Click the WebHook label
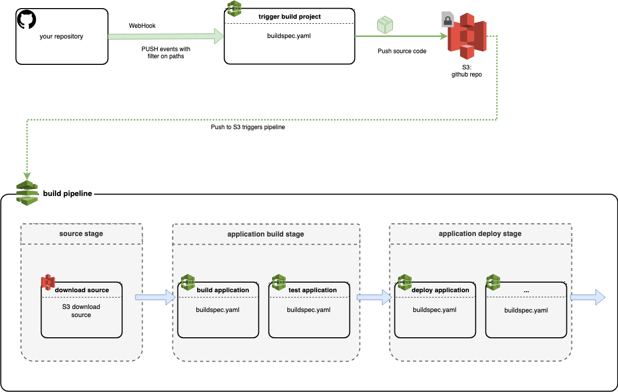142,26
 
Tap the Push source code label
402,51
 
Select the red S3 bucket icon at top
467,36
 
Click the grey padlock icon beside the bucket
448,19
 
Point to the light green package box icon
385,25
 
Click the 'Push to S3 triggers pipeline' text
248,128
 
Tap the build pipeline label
68,193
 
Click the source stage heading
81,233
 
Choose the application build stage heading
266,234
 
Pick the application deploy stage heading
480,233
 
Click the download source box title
82,290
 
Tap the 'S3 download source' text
81,310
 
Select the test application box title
313,290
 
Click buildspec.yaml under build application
217,309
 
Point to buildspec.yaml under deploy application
434,309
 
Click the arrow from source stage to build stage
155,297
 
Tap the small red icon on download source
48,282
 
